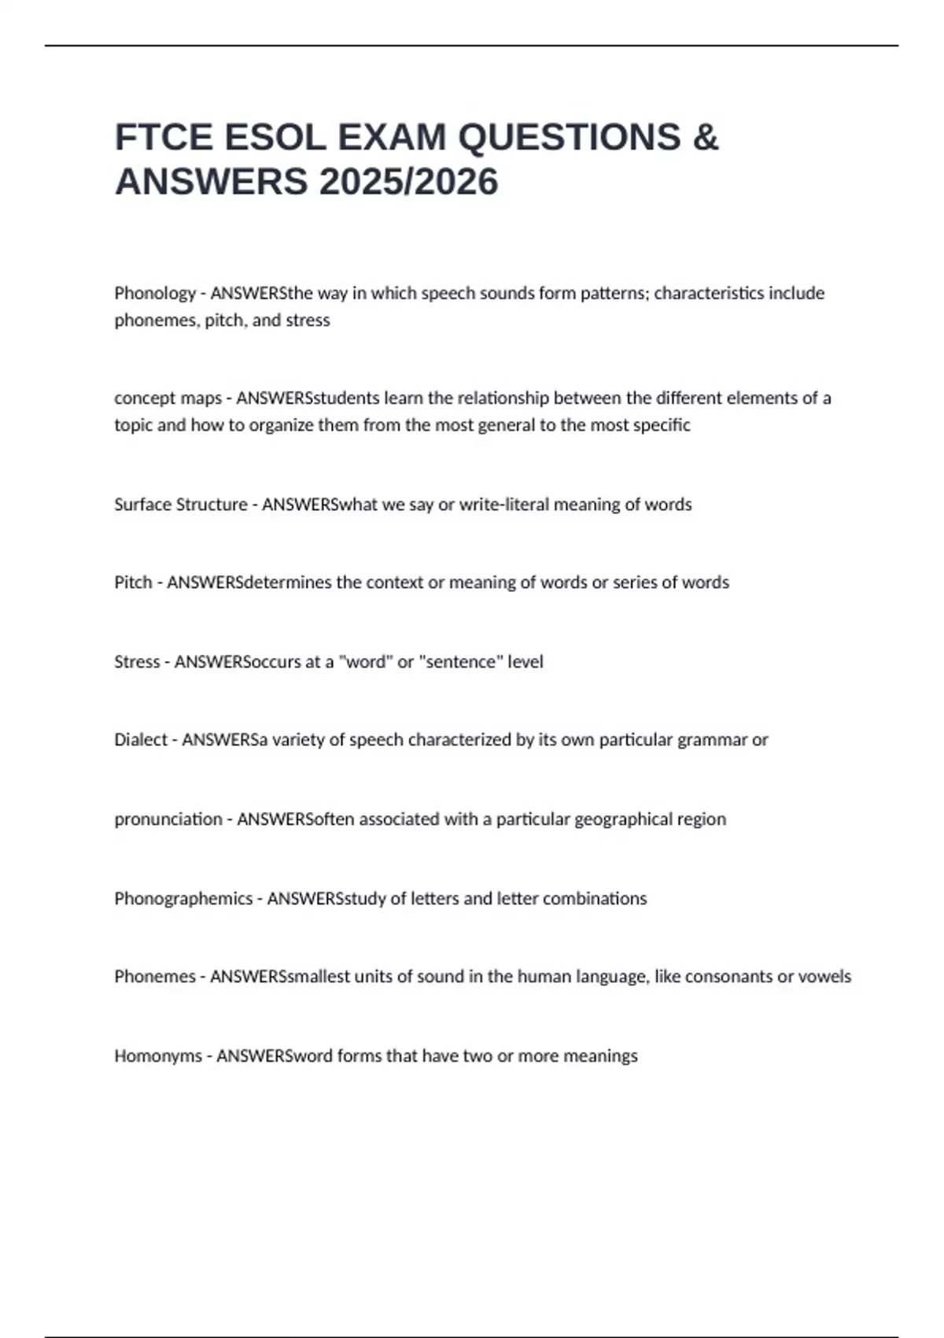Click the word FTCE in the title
point(163,138)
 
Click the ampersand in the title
point(706,138)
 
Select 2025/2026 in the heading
point(408,183)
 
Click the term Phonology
point(155,294)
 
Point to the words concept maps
point(168,398)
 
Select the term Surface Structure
point(180,505)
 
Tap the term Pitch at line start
point(133,582)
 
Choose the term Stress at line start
point(137,662)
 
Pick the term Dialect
point(141,740)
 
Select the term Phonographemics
point(183,899)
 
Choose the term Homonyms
point(157,1056)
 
